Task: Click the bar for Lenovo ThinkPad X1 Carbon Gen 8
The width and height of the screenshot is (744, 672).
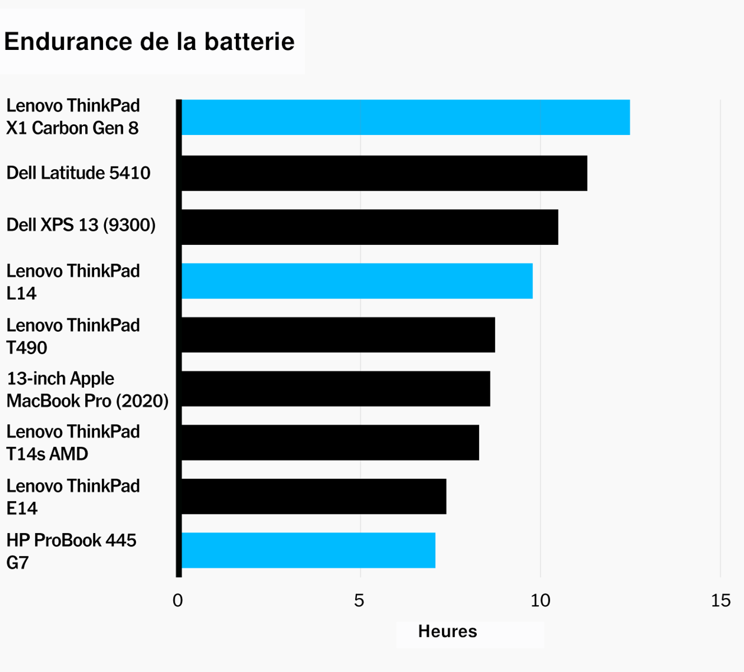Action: [404, 117]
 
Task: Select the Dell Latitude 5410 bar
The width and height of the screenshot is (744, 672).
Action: [384, 173]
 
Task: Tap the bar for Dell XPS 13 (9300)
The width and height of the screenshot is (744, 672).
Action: [369, 227]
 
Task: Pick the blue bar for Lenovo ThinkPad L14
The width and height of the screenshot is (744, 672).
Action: [356, 281]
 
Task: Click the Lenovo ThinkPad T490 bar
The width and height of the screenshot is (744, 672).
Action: [338, 335]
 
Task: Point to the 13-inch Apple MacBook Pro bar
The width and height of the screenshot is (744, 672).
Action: [335, 388]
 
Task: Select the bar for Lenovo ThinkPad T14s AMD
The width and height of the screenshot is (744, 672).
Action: [329, 442]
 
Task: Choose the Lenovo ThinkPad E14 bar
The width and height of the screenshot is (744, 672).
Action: [313, 496]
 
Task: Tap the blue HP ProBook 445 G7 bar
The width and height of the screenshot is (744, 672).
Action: [308, 550]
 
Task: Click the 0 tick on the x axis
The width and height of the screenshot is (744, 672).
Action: [178, 601]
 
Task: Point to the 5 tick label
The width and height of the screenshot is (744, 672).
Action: [359, 601]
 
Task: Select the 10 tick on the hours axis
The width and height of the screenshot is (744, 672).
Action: [540, 601]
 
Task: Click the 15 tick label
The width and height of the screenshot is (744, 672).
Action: [720, 601]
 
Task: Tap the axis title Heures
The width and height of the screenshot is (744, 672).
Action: [447, 632]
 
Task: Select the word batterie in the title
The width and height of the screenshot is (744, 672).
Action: [249, 42]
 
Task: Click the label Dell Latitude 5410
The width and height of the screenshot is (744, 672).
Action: [78, 173]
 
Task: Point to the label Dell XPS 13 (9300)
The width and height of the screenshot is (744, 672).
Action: [81, 225]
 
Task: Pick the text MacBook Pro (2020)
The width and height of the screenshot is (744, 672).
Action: [87, 401]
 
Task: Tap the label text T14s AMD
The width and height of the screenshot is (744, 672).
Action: [47, 454]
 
